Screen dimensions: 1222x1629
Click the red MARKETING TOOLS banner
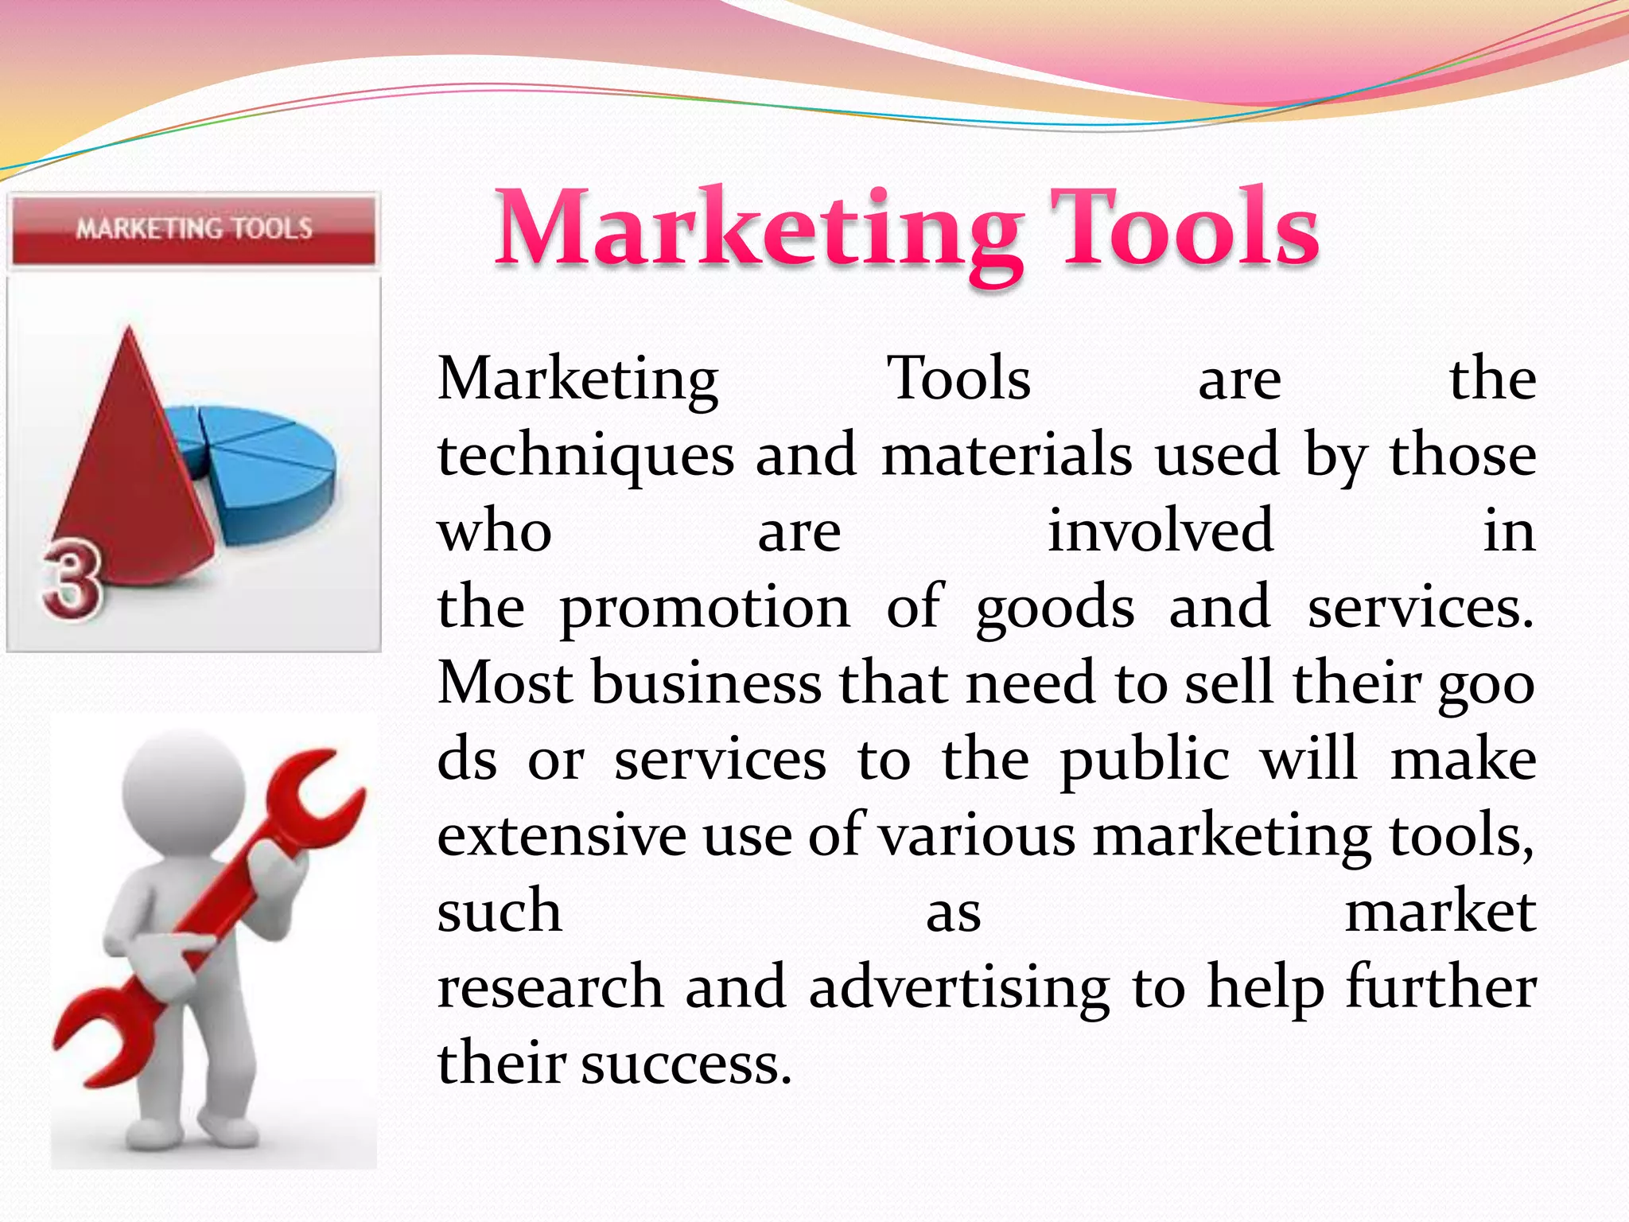193,230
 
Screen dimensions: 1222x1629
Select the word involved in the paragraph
1161,531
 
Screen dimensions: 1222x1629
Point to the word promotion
705,608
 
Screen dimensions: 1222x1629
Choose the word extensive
562,836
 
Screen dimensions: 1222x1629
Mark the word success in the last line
686,1064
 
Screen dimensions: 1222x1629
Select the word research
550,987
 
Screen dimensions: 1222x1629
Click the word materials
1006,455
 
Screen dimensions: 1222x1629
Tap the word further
1440,987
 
